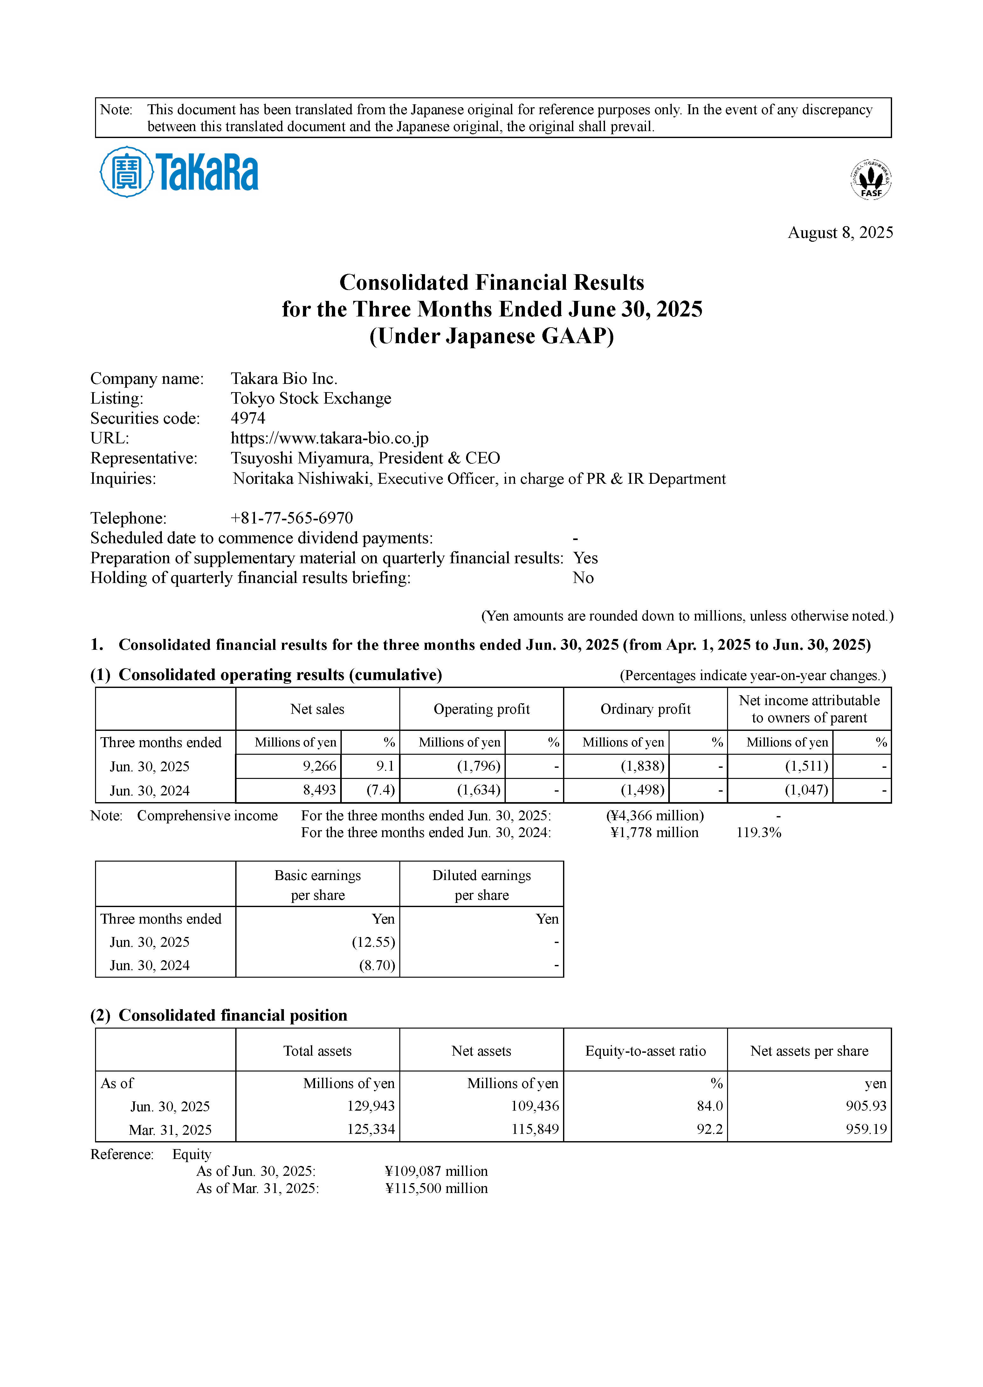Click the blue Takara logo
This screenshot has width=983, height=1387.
(179, 172)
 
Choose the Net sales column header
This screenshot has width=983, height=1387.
(317, 709)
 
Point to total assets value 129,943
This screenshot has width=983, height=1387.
(370, 1106)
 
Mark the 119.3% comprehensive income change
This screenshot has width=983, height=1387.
(759, 832)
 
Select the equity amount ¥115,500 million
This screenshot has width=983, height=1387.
(436, 1189)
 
